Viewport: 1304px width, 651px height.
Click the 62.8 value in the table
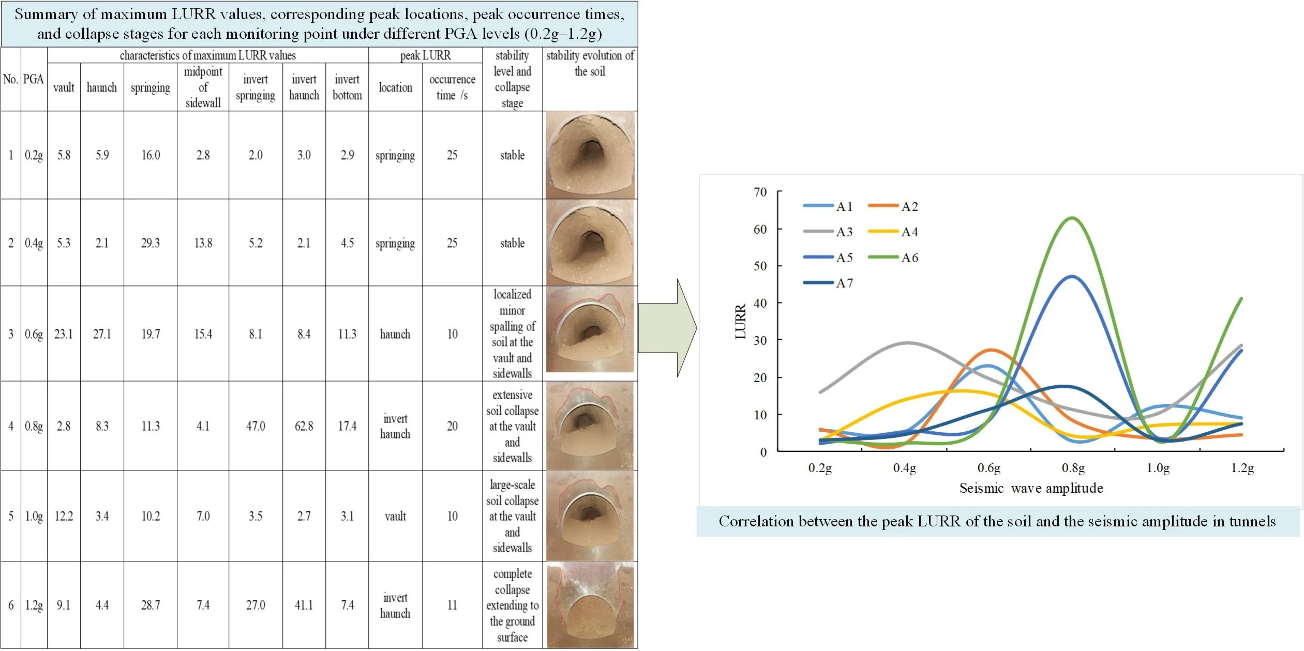304,426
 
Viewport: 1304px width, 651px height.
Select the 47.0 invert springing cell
255,426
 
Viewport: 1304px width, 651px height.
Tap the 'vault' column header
64,87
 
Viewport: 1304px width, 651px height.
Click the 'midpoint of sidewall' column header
203,87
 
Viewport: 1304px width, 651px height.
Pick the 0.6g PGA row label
34,334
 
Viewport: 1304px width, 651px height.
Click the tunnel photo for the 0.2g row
590,155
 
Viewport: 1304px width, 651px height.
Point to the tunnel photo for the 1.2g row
590,605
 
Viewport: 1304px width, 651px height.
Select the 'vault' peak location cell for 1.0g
395,516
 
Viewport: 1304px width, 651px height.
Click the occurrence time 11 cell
452,605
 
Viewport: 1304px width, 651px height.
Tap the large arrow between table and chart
667,328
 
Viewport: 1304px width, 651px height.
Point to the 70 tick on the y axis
760,192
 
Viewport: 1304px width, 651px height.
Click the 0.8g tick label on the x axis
1073,468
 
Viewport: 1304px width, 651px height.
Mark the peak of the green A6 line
1072,218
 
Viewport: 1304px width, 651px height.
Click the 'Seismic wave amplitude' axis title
1031,488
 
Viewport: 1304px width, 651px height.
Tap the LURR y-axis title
740,322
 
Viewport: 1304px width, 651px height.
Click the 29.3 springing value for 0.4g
151,243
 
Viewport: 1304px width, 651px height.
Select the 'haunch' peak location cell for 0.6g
395,334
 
